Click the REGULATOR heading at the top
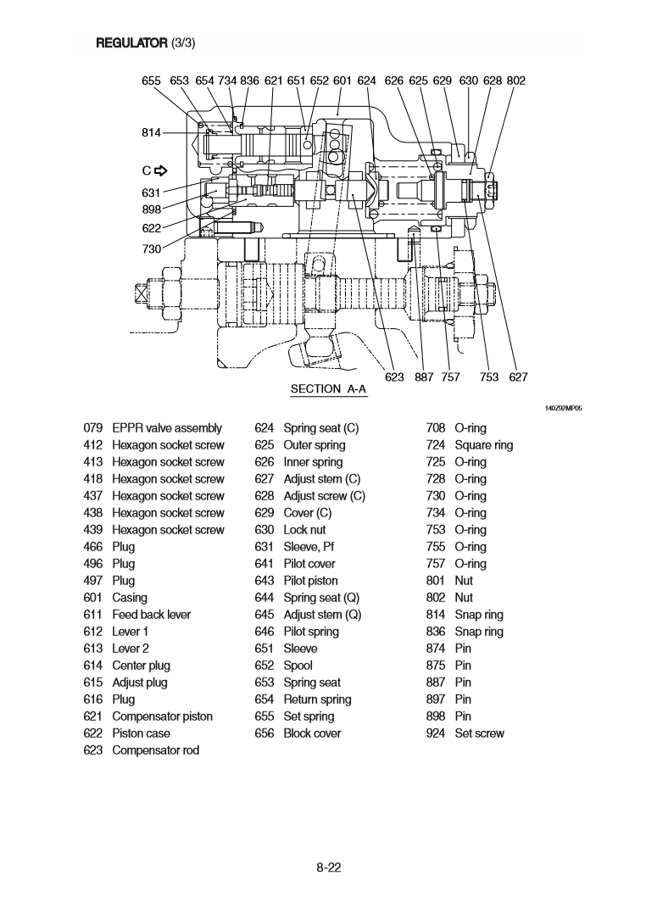point(125,42)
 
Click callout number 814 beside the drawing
point(152,132)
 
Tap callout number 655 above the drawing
point(152,81)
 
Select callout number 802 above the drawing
point(515,81)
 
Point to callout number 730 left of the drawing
point(152,248)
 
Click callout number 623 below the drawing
point(394,377)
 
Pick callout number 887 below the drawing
point(424,377)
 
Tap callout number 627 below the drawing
point(518,377)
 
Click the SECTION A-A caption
point(329,389)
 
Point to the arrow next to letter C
point(159,169)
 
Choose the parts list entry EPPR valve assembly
point(167,428)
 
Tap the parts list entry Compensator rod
point(155,750)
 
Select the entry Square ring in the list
point(483,445)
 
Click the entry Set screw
point(479,733)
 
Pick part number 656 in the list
point(264,733)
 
